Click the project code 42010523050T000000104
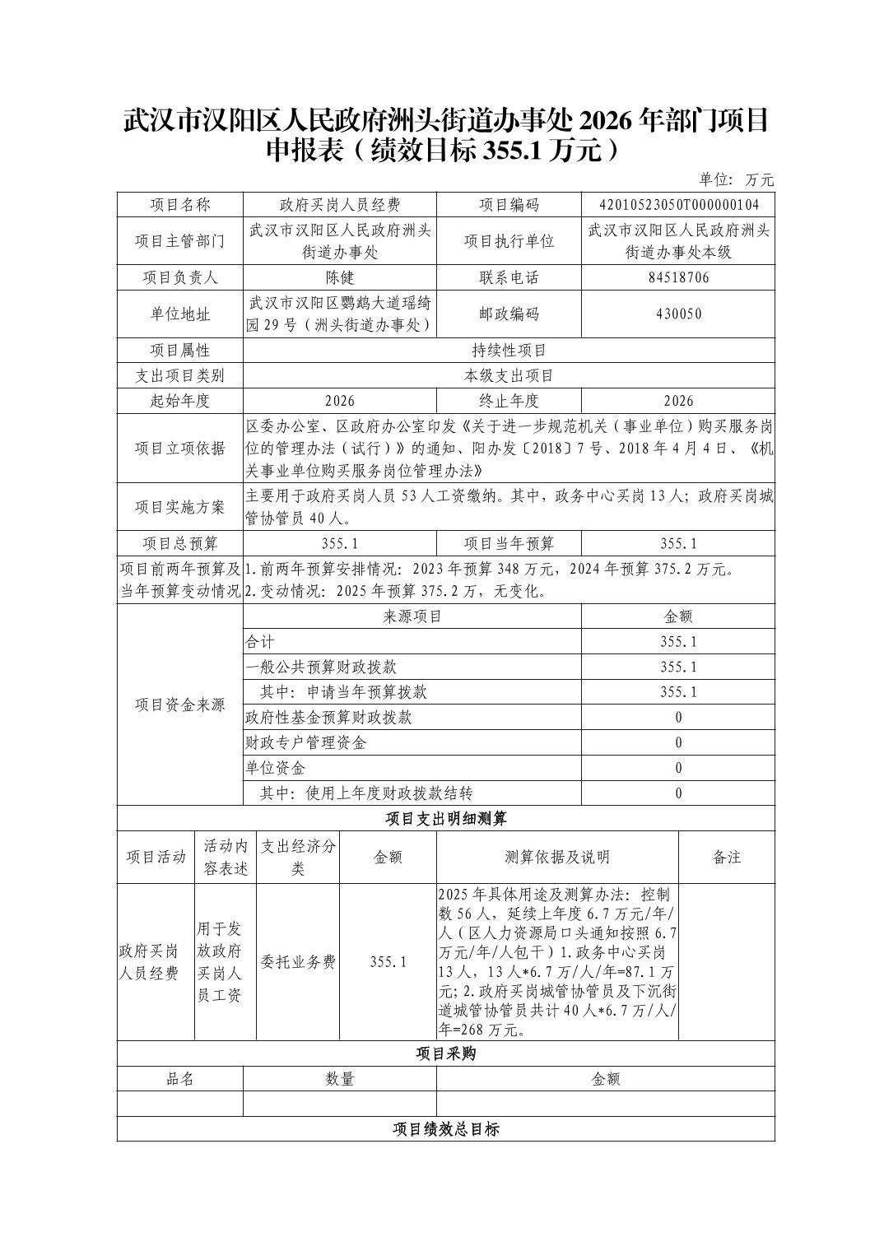point(678,205)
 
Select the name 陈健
point(339,277)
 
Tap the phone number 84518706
point(678,277)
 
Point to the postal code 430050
point(678,314)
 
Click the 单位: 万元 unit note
point(737,179)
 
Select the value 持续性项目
point(509,351)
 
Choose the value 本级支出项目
point(509,376)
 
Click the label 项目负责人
point(180,277)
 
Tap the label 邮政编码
point(509,314)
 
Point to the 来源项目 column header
point(412,616)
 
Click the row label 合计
point(260,642)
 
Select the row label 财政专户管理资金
point(305,743)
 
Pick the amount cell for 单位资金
point(678,769)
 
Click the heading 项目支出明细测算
point(446,819)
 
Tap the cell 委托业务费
point(298,962)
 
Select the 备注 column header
point(727,858)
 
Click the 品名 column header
point(180,1079)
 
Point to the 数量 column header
point(339,1079)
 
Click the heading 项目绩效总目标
point(446,1129)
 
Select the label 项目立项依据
point(180,449)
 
